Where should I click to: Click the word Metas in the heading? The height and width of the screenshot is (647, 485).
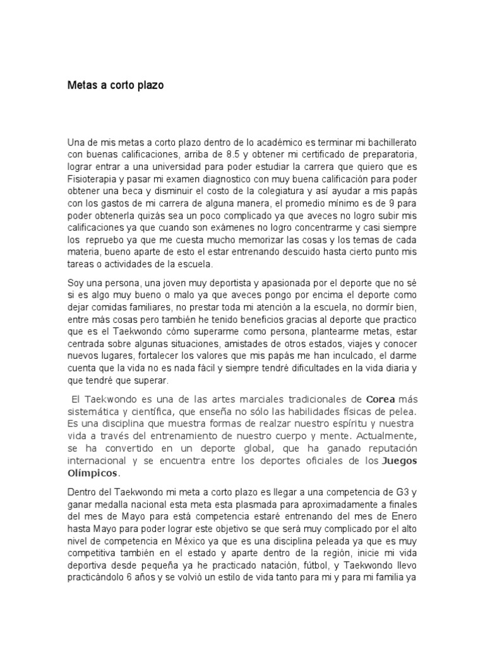(83, 85)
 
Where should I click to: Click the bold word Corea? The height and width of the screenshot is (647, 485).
(381, 399)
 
